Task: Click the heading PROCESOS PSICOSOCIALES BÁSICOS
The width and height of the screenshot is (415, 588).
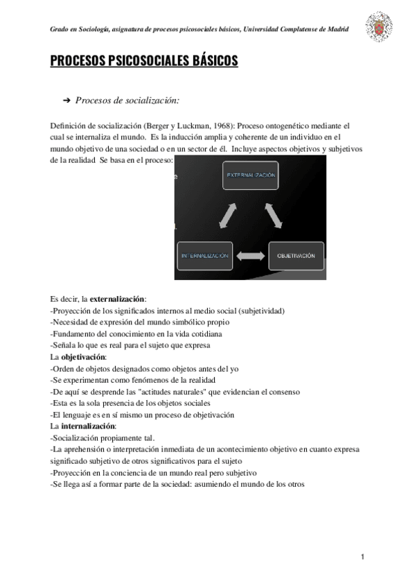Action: point(144,62)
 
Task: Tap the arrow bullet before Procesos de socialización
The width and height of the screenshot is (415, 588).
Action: point(67,101)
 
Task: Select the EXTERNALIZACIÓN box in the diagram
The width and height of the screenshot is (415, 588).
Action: point(250,176)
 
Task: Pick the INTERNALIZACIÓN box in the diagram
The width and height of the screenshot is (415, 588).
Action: point(204,256)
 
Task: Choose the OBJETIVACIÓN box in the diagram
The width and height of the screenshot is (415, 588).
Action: point(296,256)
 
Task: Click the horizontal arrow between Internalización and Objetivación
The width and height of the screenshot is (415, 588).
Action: point(250,256)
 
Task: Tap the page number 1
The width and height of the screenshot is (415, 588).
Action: point(362,556)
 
